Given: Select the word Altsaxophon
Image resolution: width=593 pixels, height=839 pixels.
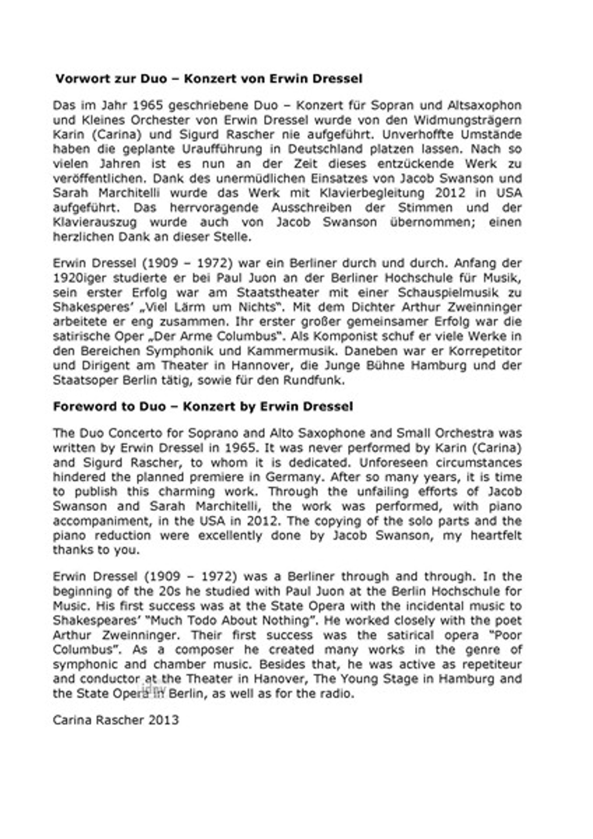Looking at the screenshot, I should point(485,105).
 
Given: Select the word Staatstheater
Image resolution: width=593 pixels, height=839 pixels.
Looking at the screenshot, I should point(278,293).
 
